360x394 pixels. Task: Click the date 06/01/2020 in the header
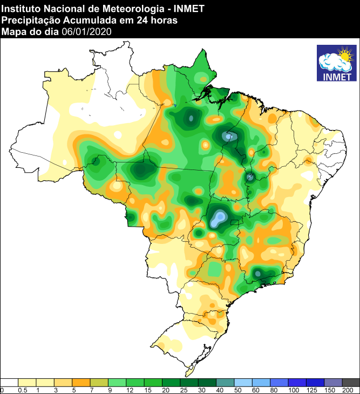tap(86, 32)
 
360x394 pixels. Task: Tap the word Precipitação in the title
tap(28, 20)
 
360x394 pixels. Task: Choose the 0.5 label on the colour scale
tap(23, 390)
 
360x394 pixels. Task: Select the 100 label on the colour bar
tap(294, 390)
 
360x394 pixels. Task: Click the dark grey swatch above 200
tap(351, 382)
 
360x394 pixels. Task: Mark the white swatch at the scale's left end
tap(9, 382)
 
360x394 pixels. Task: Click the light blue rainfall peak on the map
tap(219, 219)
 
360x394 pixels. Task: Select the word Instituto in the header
tap(19, 8)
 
